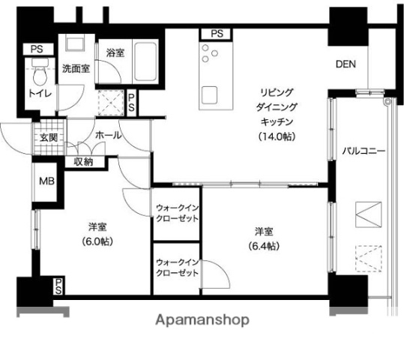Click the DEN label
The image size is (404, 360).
point(346,64)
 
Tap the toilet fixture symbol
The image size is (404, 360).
point(40,75)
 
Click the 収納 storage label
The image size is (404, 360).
point(83,161)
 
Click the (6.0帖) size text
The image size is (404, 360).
point(97,241)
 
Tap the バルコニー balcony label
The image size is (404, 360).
point(364,151)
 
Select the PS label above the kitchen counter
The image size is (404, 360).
point(216,34)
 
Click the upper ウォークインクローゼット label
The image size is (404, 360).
point(178,212)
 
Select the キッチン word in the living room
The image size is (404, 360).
point(276,121)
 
